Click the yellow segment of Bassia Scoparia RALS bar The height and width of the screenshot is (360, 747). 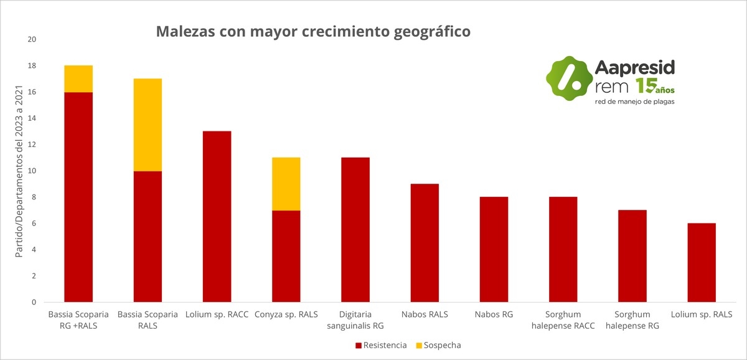[x=148, y=125]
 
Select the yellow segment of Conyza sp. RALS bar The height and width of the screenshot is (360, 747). [x=286, y=184]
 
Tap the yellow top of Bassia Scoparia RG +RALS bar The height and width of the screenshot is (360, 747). [x=78, y=78]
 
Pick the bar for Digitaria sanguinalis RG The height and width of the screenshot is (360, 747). [x=355, y=230]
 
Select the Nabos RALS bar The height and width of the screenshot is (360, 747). [x=425, y=243]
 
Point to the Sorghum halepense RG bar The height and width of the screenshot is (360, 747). [x=632, y=256]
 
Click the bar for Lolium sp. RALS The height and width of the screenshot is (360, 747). [x=702, y=263]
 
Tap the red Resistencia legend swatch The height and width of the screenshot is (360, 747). [x=358, y=345]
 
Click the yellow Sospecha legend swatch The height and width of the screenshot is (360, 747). [x=418, y=345]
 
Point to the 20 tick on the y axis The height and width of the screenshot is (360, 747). [x=32, y=39]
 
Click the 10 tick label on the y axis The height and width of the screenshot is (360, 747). [x=32, y=171]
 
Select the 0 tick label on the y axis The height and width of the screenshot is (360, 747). [x=34, y=302]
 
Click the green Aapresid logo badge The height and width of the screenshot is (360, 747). [x=568, y=78]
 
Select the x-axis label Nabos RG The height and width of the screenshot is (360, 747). [x=494, y=315]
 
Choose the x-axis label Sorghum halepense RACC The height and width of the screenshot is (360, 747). [x=563, y=320]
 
